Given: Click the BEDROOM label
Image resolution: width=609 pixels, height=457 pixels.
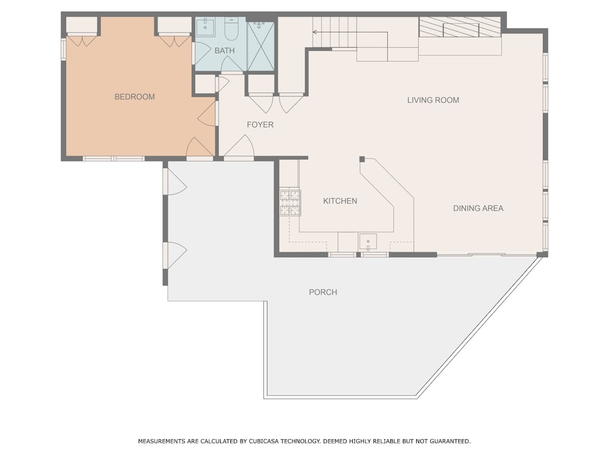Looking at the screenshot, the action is click(x=134, y=97).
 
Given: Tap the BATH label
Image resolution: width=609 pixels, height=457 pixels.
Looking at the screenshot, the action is click(x=224, y=51).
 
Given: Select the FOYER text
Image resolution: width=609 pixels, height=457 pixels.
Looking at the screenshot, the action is click(x=260, y=125).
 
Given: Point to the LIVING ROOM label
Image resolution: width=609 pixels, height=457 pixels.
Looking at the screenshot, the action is click(x=433, y=100).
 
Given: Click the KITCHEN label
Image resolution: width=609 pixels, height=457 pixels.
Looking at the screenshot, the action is click(x=340, y=201).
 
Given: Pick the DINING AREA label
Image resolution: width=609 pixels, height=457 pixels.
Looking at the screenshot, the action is click(x=478, y=208).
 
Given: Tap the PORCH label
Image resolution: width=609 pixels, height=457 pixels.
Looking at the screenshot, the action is click(x=323, y=292).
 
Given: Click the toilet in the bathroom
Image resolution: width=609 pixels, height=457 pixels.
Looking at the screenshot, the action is click(x=231, y=28).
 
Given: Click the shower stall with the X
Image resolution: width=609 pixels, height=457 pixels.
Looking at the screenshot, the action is click(x=261, y=46).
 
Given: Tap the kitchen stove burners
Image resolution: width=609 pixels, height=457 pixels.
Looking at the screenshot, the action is click(x=290, y=203).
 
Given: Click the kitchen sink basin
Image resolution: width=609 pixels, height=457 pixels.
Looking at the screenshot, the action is click(x=368, y=241).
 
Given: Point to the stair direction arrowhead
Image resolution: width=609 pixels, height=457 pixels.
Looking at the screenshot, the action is click(x=315, y=32).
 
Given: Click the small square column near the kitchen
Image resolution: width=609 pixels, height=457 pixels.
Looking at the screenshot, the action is click(x=362, y=159).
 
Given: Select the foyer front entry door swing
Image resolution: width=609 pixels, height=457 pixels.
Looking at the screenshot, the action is click(x=239, y=147).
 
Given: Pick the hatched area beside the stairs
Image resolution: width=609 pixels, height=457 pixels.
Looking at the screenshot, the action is click(x=460, y=27).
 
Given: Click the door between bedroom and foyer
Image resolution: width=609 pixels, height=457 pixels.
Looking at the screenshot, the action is click(x=207, y=114).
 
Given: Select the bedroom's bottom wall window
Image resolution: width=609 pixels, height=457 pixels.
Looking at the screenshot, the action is click(x=114, y=159).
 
